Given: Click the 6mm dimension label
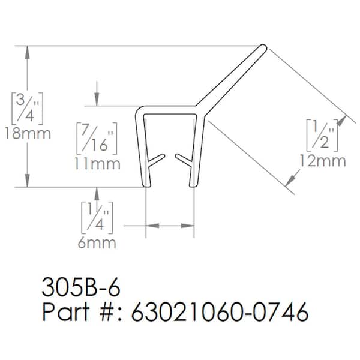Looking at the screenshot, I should (97, 243).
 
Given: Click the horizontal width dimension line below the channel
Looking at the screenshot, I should (170, 226).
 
